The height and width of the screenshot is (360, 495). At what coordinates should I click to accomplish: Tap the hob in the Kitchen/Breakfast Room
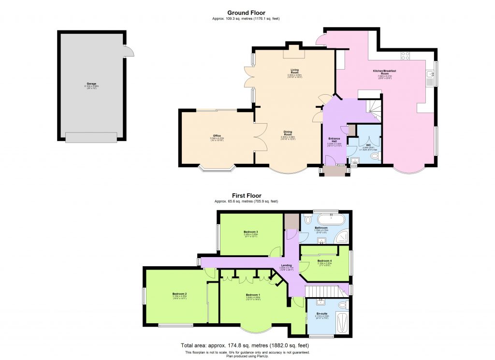coord(406,55)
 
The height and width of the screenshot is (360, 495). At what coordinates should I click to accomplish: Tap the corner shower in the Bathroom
coord(343,236)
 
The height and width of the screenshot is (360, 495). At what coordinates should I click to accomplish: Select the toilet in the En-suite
coord(344,305)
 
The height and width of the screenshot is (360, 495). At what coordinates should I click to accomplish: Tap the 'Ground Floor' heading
coord(247,13)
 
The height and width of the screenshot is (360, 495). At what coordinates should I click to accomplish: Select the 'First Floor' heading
coord(247,196)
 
